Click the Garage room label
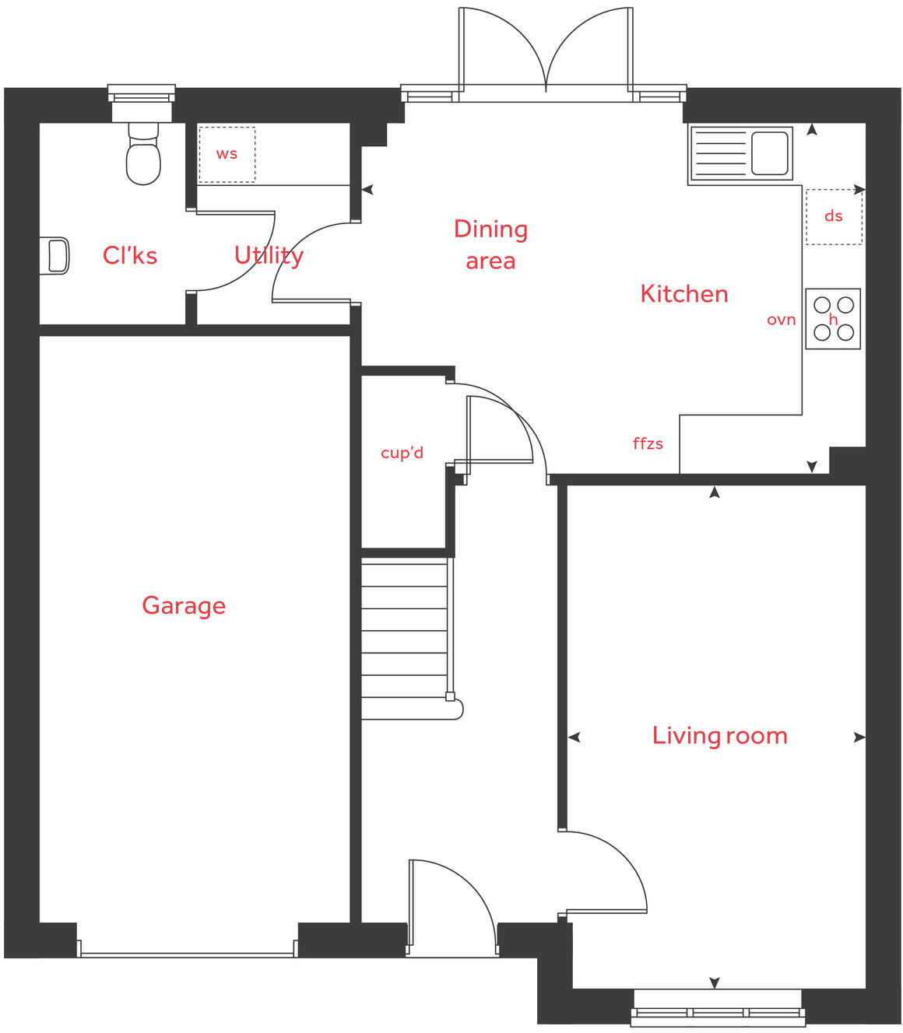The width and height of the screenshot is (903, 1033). coord(184,605)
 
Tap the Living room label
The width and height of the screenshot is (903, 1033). coord(719,735)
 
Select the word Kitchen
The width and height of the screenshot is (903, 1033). coord(683,293)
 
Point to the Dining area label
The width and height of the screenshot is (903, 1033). coord(490,244)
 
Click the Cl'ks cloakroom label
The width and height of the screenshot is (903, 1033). coord(130,255)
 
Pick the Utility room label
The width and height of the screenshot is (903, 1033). coord(269,255)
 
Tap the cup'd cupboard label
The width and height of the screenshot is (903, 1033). coord(402,453)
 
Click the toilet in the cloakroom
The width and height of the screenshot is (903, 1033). coord(143,156)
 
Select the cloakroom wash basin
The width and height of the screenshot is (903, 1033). coord(56,256)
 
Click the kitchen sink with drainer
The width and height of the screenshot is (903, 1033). coord(741,153)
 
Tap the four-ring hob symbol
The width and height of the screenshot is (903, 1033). coord(833,319)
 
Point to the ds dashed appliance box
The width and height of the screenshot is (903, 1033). coord(834,216)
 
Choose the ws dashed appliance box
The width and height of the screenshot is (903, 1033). coord(227,154)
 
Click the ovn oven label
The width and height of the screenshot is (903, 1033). coord(781,320)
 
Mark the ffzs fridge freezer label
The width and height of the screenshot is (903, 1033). coord(648,443)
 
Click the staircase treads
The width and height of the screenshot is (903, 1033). coord(405,630)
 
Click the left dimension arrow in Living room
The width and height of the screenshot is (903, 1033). coord(574,737)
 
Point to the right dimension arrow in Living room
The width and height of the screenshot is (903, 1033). coord(859,737)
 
